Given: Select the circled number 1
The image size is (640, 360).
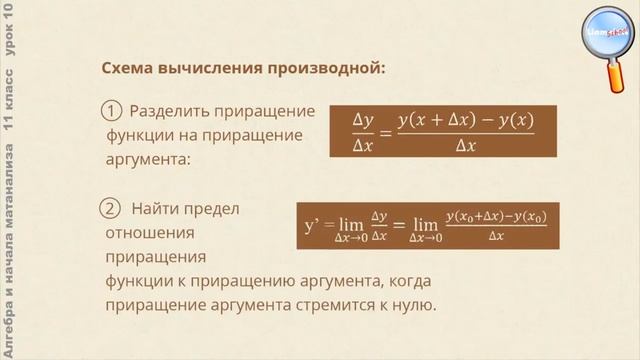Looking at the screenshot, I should (x=112, y=111).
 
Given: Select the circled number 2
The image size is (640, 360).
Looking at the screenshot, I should (x=111, y=209).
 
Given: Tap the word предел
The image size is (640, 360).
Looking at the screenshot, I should (x=218, y=209).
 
